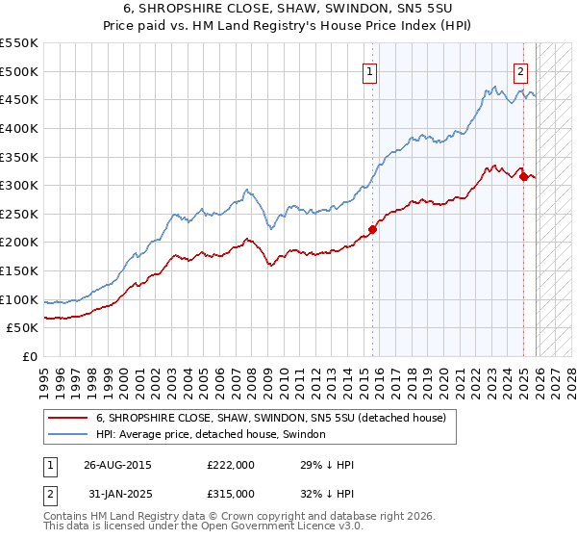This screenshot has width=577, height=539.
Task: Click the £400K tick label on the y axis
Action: click(x=19, y=128)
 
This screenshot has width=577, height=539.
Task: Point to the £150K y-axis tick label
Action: click(x=19, y=270)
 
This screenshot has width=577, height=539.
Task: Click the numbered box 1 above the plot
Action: click(x=370, y=70)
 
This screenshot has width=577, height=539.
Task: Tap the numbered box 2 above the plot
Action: click(x=520, y=70)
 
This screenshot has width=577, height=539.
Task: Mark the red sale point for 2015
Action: click(x=372, y=229)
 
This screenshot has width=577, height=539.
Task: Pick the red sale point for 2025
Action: click(x=523, y=176)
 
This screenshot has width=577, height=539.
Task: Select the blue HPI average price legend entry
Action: click(x=211, y=435)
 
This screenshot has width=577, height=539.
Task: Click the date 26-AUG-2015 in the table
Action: click(x=117, y=464)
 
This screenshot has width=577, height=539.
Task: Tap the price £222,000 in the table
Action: click(x=230, y=464)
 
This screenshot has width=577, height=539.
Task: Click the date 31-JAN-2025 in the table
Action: click(x=116, y=493)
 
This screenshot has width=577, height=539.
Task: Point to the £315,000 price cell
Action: click(x=230, y=493)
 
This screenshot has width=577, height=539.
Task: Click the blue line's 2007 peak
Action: click(x=247, y=191)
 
